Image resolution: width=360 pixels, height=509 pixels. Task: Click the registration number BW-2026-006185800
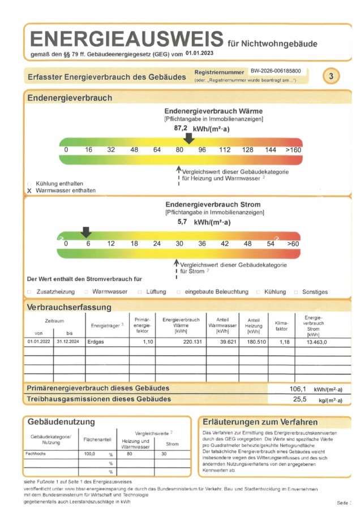pos(276,72)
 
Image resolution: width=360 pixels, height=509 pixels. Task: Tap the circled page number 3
pos(331,75)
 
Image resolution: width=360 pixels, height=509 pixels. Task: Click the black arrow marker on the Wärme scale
pos(190,139)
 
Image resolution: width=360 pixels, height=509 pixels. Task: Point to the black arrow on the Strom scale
pos(86,232)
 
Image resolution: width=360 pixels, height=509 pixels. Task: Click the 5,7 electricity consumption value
pos(182,222)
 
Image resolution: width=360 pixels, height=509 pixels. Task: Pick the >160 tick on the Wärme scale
pos(293,150)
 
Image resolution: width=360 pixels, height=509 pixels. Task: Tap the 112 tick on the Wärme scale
pos(225,150)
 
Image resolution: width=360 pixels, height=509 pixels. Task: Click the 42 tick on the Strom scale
pos(225,244)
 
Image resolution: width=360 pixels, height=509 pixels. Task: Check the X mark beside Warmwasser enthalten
pos(29,191)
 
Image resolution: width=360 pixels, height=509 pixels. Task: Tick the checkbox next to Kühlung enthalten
pos(29,184)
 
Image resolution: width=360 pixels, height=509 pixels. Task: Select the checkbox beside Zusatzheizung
pos(29,292)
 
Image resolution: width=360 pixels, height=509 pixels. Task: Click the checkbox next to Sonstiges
pos(296,292)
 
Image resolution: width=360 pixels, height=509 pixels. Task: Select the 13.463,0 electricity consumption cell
pos(317,342)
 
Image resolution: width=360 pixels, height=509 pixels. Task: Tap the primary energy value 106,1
pos(298,389)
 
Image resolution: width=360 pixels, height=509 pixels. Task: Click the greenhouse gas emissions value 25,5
pos(299,399)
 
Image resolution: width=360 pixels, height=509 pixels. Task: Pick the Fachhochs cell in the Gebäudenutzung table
pos(36,454)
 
